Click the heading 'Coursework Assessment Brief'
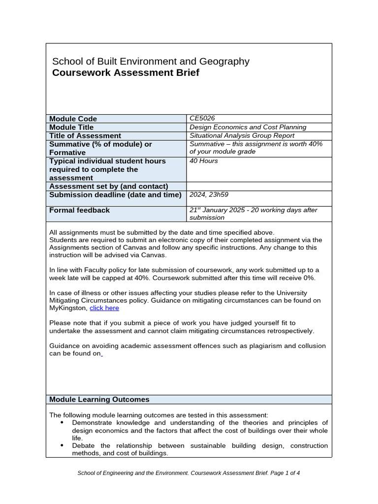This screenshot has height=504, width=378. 126,73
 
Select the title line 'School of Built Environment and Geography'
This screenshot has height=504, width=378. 151,62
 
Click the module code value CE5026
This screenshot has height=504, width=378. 202,118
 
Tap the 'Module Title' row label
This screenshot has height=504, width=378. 71,127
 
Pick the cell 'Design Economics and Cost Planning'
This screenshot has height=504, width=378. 248,127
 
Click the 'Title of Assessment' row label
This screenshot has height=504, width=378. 85,135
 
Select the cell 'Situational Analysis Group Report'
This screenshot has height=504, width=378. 242,135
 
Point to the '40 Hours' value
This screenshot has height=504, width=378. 204,161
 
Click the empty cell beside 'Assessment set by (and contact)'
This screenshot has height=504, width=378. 259,186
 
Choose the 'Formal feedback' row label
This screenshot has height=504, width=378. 80,210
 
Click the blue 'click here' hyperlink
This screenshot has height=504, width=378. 104,308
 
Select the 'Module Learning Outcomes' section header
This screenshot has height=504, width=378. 99,400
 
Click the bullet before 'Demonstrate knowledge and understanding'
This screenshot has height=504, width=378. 62,423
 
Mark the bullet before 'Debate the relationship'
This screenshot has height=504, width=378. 62,445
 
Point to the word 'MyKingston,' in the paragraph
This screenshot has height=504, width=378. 68,308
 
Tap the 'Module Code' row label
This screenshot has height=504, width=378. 73,119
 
